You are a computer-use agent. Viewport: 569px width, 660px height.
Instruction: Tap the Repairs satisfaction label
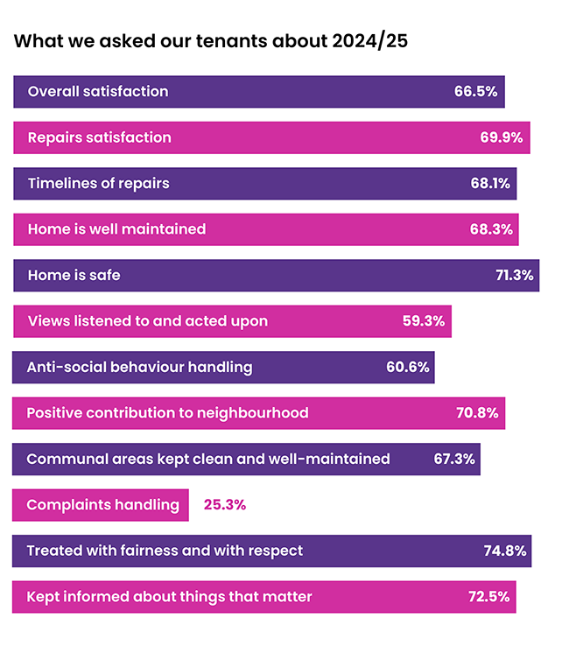click(99, 137)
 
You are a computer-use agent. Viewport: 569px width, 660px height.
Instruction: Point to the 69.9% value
click(502, 137)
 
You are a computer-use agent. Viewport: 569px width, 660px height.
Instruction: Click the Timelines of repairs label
click(98, 183)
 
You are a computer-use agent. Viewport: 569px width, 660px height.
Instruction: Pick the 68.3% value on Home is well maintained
click(491, 229)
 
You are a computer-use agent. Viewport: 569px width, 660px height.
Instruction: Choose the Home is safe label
click(74, 275)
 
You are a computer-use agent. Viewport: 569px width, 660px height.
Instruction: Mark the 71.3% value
click(514, 275)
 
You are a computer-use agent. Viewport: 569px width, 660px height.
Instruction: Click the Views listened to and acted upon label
click(147, 321)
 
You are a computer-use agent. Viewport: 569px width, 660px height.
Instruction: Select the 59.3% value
click(424, 321)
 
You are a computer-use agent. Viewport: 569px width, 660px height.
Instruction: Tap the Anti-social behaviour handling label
click(139, 367)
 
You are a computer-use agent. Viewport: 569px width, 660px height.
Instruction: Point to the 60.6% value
click(407, 367)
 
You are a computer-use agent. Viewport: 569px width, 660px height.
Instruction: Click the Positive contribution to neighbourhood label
click(167, 412)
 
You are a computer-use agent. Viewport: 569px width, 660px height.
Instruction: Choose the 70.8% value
click(477, 412)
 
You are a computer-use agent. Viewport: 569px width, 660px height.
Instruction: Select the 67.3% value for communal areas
click(455, 459)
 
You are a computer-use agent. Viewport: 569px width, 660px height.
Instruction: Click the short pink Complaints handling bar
click(101, 505)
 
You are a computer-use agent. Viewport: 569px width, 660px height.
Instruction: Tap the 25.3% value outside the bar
click(225, 505)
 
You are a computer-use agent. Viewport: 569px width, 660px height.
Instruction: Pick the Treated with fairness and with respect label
click(165, 551)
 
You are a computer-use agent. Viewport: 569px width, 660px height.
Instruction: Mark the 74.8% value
click(504, 551)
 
